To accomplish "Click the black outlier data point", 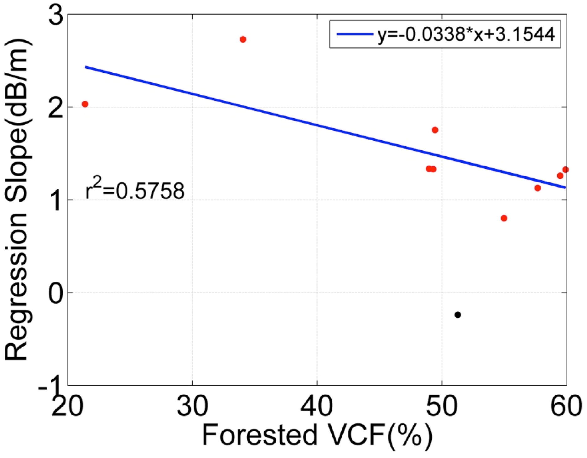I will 458,315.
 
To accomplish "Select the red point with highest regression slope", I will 243,39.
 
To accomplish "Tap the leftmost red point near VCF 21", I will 85,104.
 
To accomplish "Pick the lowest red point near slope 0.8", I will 504,218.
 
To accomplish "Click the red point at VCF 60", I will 565,169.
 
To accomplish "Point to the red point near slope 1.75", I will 435,130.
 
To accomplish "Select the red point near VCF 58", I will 538,188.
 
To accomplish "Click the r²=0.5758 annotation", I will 135,190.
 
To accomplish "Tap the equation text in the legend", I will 466,34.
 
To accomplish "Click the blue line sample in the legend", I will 354,34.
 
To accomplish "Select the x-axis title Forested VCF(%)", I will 317,434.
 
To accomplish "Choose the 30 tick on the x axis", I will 192,406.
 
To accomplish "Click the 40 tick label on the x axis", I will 317,406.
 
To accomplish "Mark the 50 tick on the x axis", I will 441,406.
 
